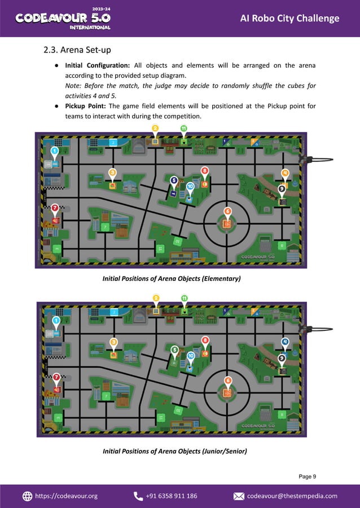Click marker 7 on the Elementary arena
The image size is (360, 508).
click(x=55, y=208)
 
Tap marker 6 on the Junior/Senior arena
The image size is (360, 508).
click(x=227, y=381)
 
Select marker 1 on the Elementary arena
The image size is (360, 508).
click(x=55, y=151)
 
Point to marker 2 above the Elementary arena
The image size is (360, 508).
click(x=155, y=129)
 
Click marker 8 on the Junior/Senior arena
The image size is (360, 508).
click(x=205, y=340)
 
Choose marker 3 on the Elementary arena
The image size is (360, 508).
click(x=113, y=173)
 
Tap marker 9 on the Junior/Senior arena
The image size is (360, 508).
click(x=282, y=359)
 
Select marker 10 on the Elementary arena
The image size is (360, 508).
click(x=190, y=186)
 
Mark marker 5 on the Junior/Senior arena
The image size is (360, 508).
click(x=174, y=350)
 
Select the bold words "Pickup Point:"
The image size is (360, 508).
click(x=86, y=105)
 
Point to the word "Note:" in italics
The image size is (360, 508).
click(x=74, y=85)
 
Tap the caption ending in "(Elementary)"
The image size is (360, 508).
click(x=172, y=279)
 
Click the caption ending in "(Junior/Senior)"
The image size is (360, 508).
click(x=174, y=451)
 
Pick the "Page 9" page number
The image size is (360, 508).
click(x=308, y=476)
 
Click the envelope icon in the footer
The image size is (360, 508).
click(x=239, y=496)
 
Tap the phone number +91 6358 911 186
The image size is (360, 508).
click(x=172, y=496)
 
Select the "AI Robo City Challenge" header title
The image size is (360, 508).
click(x=289, y=19)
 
